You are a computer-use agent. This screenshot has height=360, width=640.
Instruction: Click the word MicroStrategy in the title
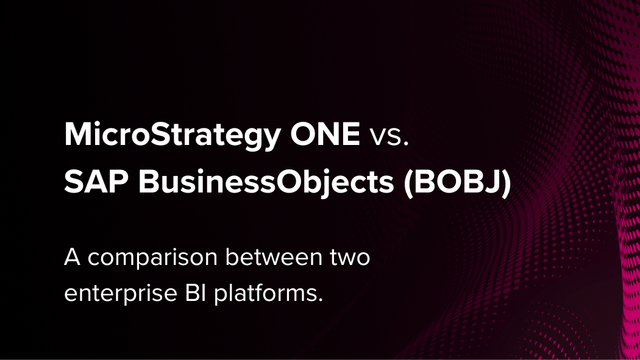click(172, 135)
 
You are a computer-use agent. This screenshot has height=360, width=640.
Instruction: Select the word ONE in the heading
click(325, 134)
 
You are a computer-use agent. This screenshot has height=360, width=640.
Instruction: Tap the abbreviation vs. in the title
click(389, 136)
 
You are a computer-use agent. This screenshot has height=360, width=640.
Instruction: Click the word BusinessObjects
click(266, 183)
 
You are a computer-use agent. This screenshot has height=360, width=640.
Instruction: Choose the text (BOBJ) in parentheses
click(457, 183)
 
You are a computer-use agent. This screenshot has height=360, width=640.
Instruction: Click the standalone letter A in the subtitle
click(72, 257)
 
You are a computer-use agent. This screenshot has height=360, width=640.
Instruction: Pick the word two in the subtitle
click(350, 258)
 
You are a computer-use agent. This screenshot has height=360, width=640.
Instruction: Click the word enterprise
click(121, 294)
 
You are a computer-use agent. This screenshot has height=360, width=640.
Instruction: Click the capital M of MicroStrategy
click(79, 134)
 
